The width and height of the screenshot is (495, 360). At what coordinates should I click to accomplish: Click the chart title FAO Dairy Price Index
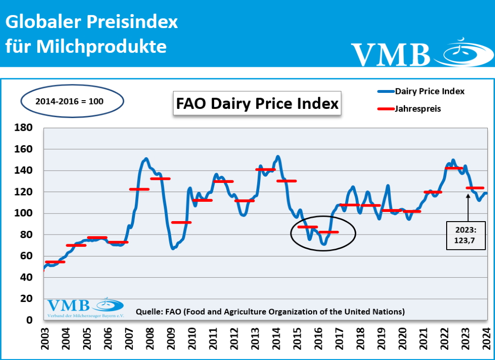(x=257, y=104)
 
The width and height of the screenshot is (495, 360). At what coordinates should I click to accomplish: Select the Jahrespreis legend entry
(x=418, y=109)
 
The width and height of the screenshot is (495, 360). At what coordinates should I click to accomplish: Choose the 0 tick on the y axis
(x=29, y=320)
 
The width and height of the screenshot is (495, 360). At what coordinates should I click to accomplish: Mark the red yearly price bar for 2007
(x=139, y=189)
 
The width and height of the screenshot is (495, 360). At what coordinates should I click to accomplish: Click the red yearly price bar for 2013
(x=265, y=169)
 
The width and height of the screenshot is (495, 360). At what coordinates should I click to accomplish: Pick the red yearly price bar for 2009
(x=181, y=222)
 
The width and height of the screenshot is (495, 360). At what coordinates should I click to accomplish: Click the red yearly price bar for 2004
(x=76, y=245)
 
